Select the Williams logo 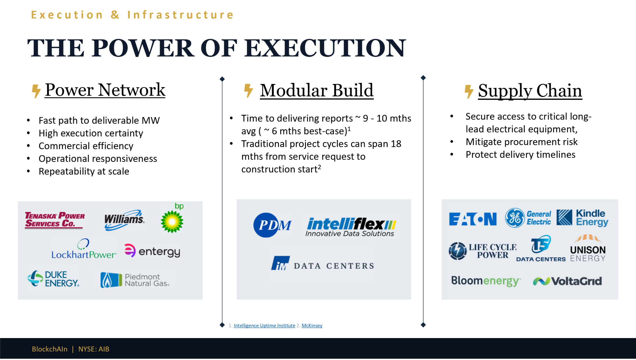124,220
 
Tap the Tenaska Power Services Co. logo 55,220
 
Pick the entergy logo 152,251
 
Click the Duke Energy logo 53,279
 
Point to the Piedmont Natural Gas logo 135,280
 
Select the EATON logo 473,219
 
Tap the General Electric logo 528,218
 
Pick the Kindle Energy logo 583,218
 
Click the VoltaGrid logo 567,281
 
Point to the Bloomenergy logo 486,281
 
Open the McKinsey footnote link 312,326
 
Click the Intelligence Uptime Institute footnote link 265,326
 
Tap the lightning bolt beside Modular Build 248,91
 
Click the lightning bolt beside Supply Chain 469,92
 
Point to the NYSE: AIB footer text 94,349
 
